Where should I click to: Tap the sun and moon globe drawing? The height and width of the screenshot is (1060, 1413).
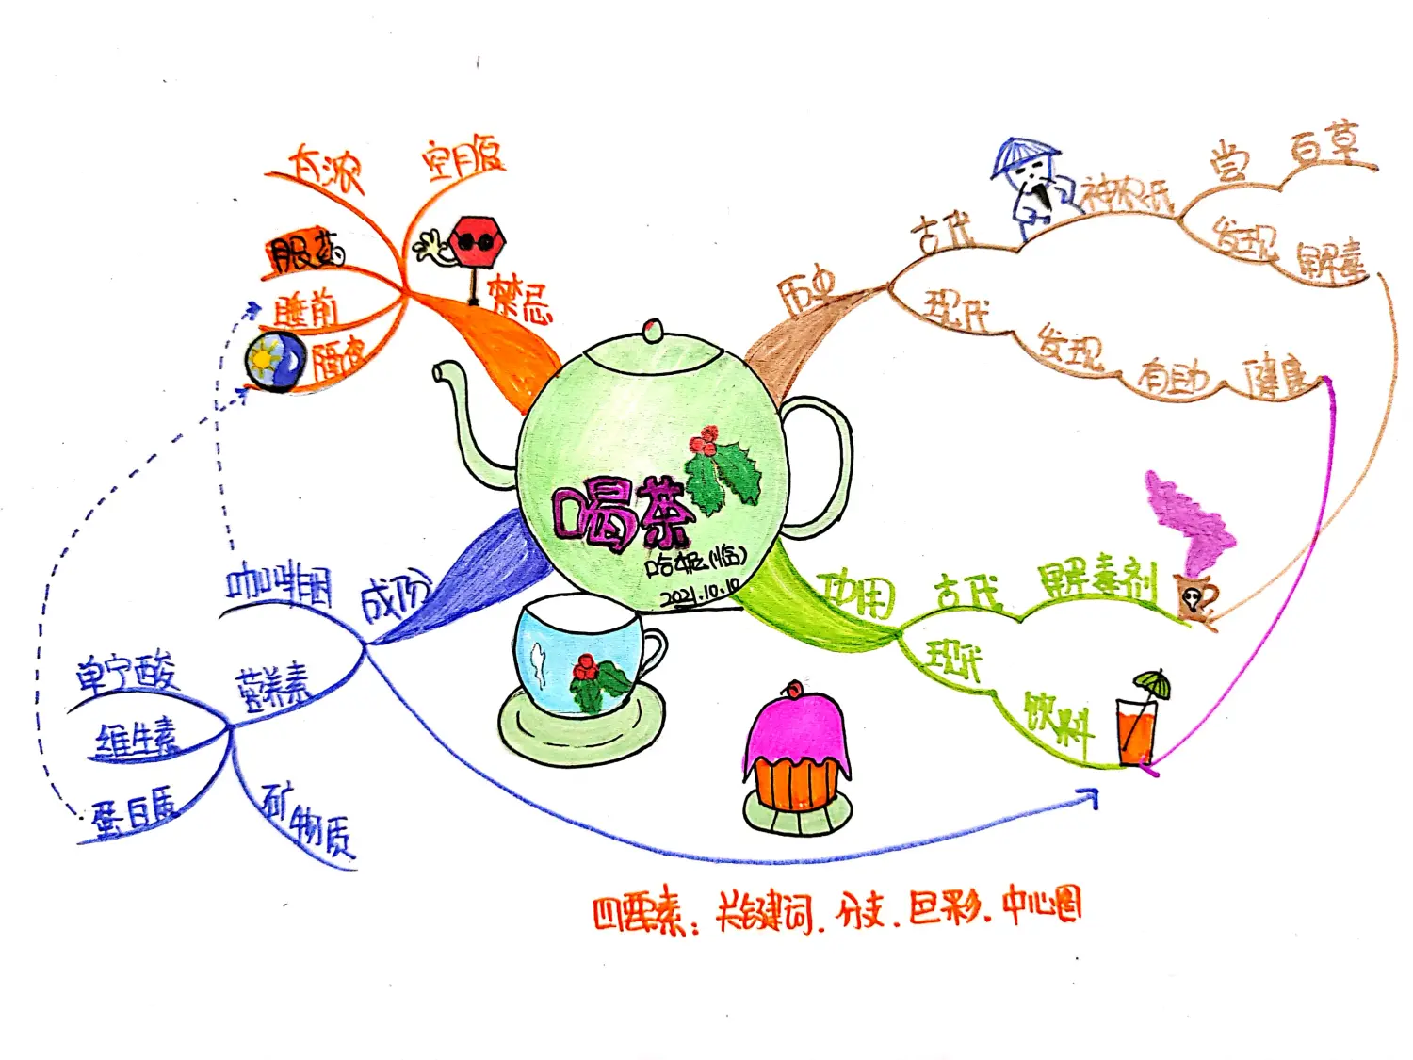274,362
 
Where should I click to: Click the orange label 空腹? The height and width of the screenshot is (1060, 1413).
463,159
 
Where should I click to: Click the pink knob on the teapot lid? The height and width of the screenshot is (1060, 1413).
651,329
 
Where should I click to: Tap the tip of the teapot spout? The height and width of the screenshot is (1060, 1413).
441,372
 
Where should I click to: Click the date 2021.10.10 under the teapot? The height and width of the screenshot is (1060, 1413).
699,594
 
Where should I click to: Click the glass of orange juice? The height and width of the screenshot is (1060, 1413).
1136,730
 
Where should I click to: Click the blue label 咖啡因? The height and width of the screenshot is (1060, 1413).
279,585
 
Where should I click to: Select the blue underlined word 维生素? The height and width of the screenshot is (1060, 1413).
138,740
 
